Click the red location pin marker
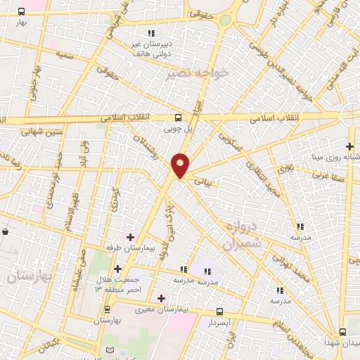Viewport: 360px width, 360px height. pos(181,165)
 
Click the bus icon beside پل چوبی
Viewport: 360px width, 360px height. pos(178,118)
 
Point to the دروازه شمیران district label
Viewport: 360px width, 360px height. pos(241,235)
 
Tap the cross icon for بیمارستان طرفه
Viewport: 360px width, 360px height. pos(129,237)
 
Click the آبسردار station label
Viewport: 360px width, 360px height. pos(219,323)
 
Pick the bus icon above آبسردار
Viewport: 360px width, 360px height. pos(219,311)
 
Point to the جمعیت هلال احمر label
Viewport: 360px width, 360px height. pos(113,285)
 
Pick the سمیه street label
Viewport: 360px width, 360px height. pos(65,53)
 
